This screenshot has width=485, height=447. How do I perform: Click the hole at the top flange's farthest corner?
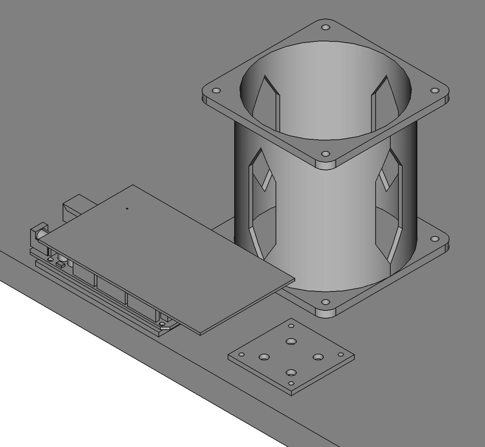tap(326, 28)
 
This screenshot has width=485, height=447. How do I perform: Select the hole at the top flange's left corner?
tap(216, 91)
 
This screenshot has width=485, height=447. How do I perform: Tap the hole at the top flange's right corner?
tap(435, 91)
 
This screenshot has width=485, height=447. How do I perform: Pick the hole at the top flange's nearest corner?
tap(325, 154)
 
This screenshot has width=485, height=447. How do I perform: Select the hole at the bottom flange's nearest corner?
tap(325, 302)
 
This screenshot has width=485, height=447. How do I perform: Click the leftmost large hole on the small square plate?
tap(264, 356)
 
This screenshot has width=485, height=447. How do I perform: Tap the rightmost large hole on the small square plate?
tap(318, 356)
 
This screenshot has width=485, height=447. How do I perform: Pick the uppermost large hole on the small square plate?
tap(291, 341)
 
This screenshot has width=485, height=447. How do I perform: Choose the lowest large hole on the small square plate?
tap(291, 373)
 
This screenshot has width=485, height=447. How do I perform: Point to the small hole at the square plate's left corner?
tap(242, 355)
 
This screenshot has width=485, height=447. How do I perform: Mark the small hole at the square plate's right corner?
tap(340, 355)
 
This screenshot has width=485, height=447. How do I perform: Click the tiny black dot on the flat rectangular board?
tap(127, 209)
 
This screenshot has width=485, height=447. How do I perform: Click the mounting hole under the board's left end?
tap(50, 260)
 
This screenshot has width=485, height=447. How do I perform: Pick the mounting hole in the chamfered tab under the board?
tap(163, 324)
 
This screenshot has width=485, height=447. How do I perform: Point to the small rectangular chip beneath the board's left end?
tap(60, 265)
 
